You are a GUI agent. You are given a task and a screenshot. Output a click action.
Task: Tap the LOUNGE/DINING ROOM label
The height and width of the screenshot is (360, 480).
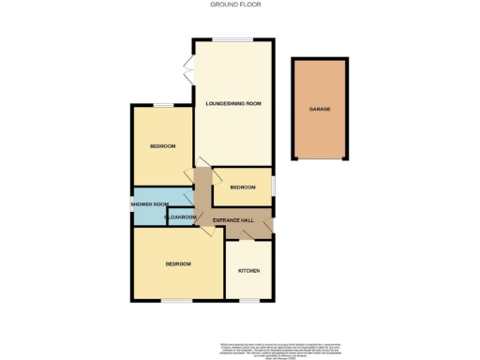(232, 103)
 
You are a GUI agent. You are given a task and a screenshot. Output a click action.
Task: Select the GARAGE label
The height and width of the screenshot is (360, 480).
(320, 109)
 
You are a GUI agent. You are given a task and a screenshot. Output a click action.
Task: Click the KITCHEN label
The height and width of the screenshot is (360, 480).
(248, 271)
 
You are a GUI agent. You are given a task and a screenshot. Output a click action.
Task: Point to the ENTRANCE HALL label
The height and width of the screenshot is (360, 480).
(233, 220)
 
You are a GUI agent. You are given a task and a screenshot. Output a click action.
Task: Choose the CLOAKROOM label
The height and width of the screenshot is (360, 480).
(180, 217)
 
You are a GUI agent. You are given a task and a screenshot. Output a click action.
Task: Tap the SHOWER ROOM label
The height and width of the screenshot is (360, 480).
(148, 204)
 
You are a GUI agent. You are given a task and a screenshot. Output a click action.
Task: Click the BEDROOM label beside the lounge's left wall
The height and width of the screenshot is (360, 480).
(163, 145)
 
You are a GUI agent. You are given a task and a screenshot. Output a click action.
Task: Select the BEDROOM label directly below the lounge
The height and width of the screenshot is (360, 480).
(243, 187)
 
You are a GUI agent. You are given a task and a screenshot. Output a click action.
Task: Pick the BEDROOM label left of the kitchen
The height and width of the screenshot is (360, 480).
(178, 264)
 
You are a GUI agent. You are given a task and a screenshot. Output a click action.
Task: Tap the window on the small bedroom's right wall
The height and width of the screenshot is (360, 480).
(275, 186)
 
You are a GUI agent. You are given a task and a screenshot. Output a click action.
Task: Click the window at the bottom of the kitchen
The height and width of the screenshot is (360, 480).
(249, 301)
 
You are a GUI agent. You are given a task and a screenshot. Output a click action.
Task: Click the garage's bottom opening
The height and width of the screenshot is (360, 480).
(320, 157)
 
